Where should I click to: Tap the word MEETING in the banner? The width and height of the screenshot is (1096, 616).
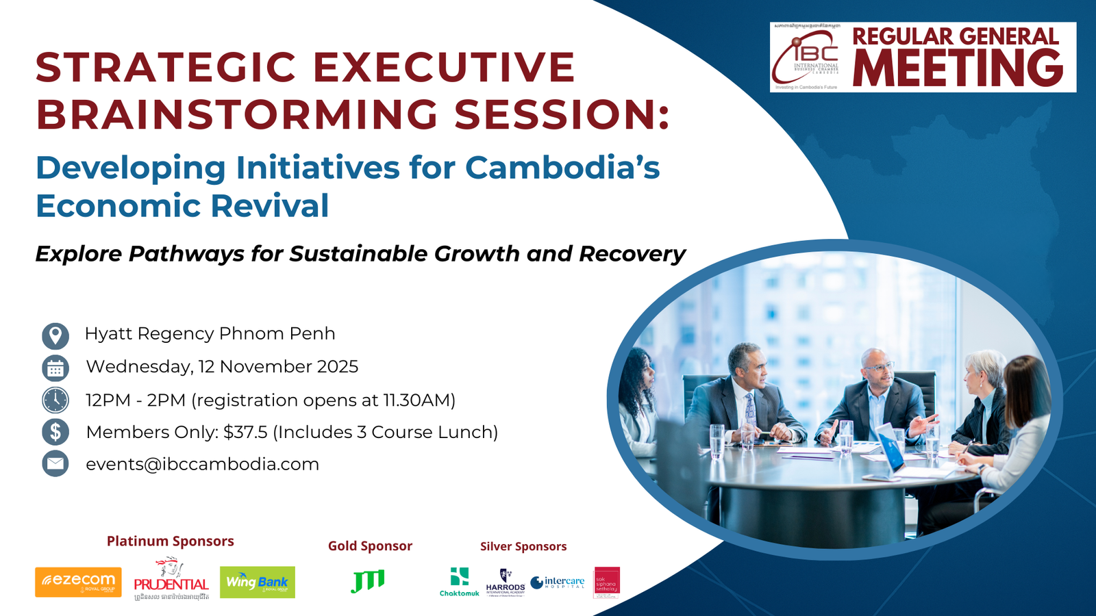[958, 68]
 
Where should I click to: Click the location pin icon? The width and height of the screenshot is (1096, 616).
[55, 335]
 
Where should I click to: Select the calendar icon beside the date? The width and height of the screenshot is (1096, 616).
[55, 368]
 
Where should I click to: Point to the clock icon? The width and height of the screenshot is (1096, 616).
[55, 400]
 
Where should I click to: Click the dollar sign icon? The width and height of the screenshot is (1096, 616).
[55, 433]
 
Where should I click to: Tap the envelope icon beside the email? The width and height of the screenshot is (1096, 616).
[55, 464]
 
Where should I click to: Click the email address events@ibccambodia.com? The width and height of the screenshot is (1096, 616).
[202, 464]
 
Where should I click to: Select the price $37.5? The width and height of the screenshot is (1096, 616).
[245, 433]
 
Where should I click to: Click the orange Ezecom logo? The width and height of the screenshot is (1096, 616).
[78, 582]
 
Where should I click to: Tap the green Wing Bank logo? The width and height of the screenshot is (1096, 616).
[258, 582]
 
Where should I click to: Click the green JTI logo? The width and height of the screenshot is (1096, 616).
[369, 581]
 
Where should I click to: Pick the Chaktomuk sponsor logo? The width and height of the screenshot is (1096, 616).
[460, 582]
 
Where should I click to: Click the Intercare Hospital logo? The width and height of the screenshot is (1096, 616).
[558, 582]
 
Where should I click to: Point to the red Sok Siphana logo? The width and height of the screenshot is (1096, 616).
[607, 582]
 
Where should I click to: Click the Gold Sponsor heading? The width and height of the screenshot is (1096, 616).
[370, 546]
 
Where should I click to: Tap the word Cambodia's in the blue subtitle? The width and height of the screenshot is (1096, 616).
[562, 168]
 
